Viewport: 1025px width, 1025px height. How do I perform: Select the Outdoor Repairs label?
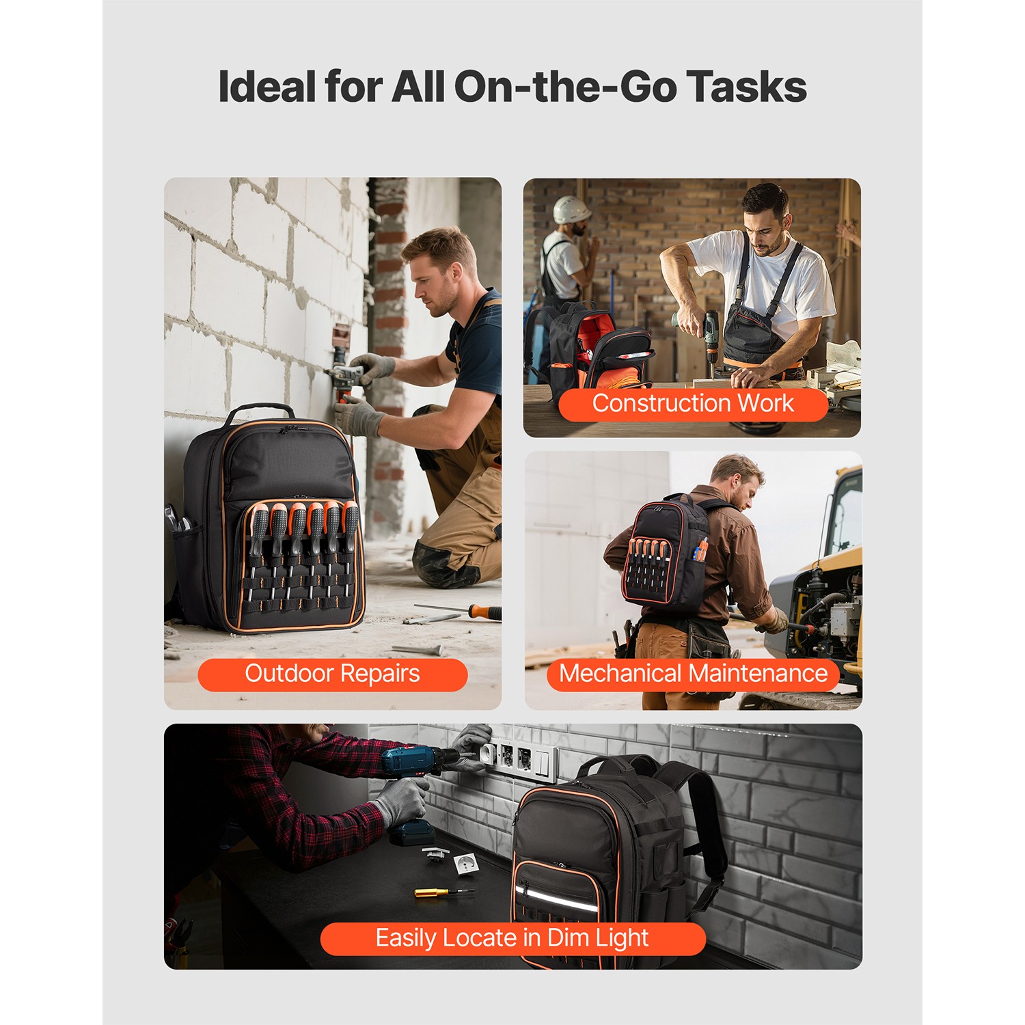(x=332, y=674)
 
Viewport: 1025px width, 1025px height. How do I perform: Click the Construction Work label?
(x=692, y=404)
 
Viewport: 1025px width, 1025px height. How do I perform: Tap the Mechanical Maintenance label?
(x=693, y=674)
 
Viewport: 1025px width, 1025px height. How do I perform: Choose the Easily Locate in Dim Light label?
(x=512, y=938)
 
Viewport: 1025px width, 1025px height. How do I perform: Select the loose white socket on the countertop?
(x=466, y=864)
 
